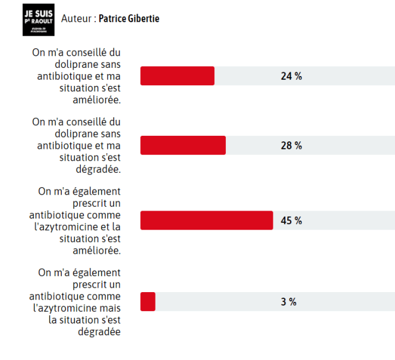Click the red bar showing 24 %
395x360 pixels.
pyautogui.click(x=177, y=75)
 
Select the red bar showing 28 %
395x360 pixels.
pyautogui.click(x=183, y=145)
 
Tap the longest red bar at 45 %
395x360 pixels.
pyautogui.click(x=207, y=220)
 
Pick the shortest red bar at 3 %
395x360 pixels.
pyautogui.click(x=148, y=301)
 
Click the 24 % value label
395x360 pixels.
pyautogui.click(x=291, y=76)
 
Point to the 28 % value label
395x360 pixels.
pyautogui.click(x=291, y=146)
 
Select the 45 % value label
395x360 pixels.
pyautogui.click(x=291, y=220)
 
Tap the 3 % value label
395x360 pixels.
pyautogui.click(x=288, y=302)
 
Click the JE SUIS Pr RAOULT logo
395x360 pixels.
pyautogui.click(x=38, y=19)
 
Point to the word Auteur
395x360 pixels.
pyautogui.click(x=77, y=19)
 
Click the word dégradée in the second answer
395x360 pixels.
pyautogui.click(x=99, y=169)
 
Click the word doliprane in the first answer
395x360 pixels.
pyautogui.click(x=60, y=64)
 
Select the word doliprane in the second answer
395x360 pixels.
pyautogui.click(x=60, y=134)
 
